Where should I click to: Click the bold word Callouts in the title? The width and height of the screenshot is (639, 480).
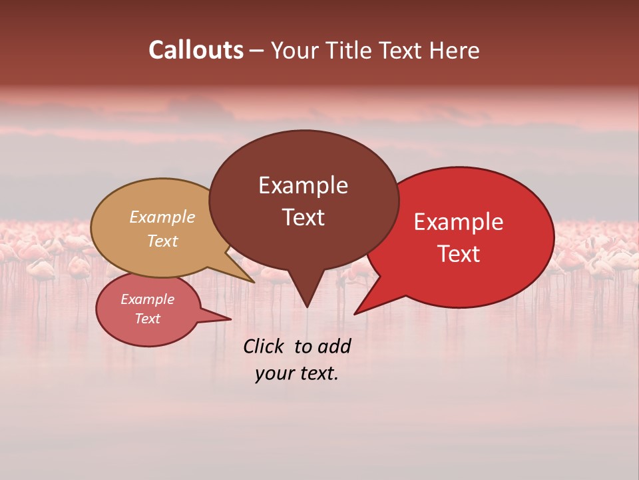tap(196, 50)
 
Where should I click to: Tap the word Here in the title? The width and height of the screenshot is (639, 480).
tap(455, 50)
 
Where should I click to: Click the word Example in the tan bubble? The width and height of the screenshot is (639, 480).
tap(162, 217)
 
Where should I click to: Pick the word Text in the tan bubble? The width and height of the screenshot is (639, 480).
tap(162, 241)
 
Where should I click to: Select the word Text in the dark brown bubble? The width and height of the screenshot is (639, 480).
tap(303, 217)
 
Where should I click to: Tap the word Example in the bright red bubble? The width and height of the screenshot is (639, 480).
tap(459, 221)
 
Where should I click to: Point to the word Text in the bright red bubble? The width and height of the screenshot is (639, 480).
tap(459, 253)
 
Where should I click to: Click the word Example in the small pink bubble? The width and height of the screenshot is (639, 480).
tap(147, 299)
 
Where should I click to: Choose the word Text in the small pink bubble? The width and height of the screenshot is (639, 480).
tap(147, 319)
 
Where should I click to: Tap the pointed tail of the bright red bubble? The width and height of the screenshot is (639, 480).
tap(359, 310)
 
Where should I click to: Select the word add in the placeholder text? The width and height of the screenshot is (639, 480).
tap(334, 346)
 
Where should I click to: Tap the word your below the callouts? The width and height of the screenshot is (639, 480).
tap(274, 373)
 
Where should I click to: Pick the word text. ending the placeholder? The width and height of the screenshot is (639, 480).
tap(319, 373)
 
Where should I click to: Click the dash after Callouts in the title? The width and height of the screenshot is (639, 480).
tap(257, 51)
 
